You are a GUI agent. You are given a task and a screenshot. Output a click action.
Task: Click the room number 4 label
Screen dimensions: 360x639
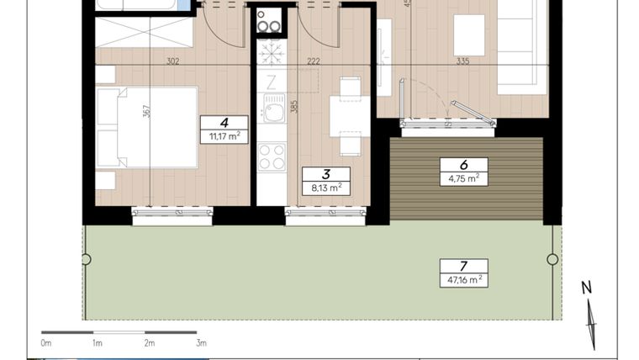(x=224, y=122)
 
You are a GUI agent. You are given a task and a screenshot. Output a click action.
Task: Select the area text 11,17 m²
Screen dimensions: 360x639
(x=224, y=135)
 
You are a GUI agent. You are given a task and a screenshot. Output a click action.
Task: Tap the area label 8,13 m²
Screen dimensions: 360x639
(x=325, y=188)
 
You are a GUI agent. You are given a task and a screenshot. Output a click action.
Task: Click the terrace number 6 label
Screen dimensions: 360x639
(x=463, y=165)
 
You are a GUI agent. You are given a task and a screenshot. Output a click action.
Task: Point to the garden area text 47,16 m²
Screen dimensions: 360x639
(x=463, y=279)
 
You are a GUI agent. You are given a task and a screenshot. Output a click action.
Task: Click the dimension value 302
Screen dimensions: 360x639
(x=172, y=61)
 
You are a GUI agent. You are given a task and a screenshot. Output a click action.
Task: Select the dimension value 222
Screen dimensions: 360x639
(x=313, y=61)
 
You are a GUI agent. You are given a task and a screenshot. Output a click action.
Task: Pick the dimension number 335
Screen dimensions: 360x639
(x=462, y=61)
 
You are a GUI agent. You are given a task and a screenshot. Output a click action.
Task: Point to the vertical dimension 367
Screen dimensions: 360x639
(x=145, y=112)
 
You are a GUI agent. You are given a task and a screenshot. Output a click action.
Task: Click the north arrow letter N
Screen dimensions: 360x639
(x=587, y=288)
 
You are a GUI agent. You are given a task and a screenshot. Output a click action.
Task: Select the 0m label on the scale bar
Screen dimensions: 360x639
(x=45, y=343)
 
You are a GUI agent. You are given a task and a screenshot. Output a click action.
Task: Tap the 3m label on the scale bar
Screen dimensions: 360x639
(x=201, y=343)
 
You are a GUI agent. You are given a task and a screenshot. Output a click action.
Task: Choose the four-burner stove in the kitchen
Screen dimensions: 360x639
(x=271, y=156)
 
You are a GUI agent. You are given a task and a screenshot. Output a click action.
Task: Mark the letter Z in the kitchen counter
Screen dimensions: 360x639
(x=271, y=82)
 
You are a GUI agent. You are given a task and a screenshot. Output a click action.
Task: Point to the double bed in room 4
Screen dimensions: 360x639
(x=150, y=127)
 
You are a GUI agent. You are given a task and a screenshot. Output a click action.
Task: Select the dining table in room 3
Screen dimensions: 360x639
(x=350, y=116)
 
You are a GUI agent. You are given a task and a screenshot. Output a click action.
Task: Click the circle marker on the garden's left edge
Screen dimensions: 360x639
(x=86, y=260)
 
